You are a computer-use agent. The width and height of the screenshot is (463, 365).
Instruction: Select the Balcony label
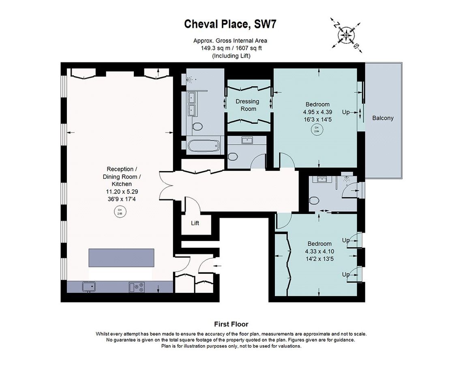[x=383, y=118]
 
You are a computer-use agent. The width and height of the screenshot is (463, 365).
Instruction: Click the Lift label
[x=195, y=223]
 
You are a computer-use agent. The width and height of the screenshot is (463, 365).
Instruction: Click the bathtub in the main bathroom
[x=205, y=146]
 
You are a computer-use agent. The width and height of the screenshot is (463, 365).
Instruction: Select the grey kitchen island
[x=122, y=258]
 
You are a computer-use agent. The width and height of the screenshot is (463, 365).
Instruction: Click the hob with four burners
[x=137, y=287]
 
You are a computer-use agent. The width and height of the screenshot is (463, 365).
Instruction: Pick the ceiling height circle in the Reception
[x=120, y=212]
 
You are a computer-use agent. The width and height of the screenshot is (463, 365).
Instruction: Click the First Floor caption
[x=231, y=324]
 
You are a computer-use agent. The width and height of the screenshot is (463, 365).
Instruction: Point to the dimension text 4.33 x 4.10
[x=319, y=251]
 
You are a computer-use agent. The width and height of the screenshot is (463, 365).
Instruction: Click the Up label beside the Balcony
[x=346, y=112]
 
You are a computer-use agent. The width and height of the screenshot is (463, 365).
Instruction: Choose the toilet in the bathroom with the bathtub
[x=197, y=127]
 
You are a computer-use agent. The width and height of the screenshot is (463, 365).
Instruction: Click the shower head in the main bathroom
[x=189, y=80]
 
